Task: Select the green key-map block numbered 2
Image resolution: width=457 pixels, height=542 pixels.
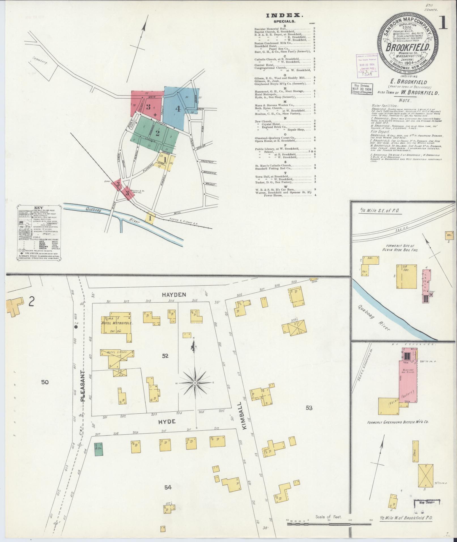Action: pyautogui.click(x=158, y=133)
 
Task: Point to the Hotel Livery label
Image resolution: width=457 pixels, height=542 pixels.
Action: pyautogui.click(x=117, y=352)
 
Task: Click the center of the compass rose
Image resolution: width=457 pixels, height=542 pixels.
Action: pyautogui.click(x=195, y=383)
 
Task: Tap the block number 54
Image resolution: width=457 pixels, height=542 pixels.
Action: pyautogui.click(x=168, y=487)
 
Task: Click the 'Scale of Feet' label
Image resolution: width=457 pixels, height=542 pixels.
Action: pyautogui.click(x=328, y=517)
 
